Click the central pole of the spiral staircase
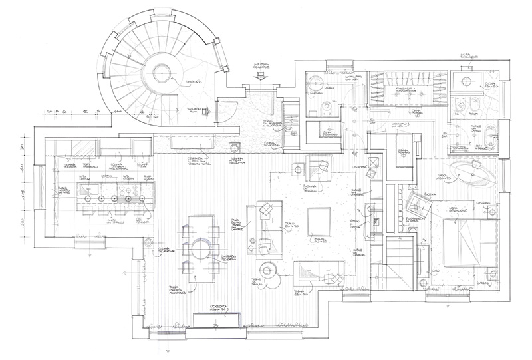(160, 73)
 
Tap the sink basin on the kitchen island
(88, 198)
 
